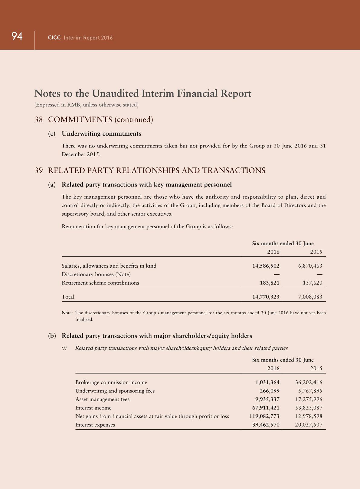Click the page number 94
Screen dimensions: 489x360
(17, 36)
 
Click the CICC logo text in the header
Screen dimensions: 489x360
(54, 38)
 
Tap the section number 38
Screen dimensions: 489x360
(38, 120)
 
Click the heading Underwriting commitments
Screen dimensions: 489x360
(101, 134)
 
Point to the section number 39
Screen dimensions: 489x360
(38, 170)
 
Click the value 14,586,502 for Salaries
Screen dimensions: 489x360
(266, 266)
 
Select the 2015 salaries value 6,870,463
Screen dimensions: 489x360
(310, 266)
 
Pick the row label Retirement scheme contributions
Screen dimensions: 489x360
(100, 283)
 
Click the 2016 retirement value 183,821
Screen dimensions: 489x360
(270, 283)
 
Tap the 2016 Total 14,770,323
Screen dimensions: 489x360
(266, 297)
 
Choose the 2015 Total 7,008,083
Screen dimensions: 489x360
(310, 297)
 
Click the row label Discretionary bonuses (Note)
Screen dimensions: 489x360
(96, 274)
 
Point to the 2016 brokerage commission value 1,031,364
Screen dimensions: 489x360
(267, 382)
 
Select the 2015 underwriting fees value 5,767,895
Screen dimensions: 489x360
(310, 391)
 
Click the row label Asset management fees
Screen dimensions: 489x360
(102, 399)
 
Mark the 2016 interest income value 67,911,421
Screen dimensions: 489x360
(266, 408)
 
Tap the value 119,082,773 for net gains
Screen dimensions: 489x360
(264, 416)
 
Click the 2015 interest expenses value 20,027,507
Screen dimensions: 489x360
(309, 425)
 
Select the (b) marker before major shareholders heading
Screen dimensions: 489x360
(52, 336)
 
